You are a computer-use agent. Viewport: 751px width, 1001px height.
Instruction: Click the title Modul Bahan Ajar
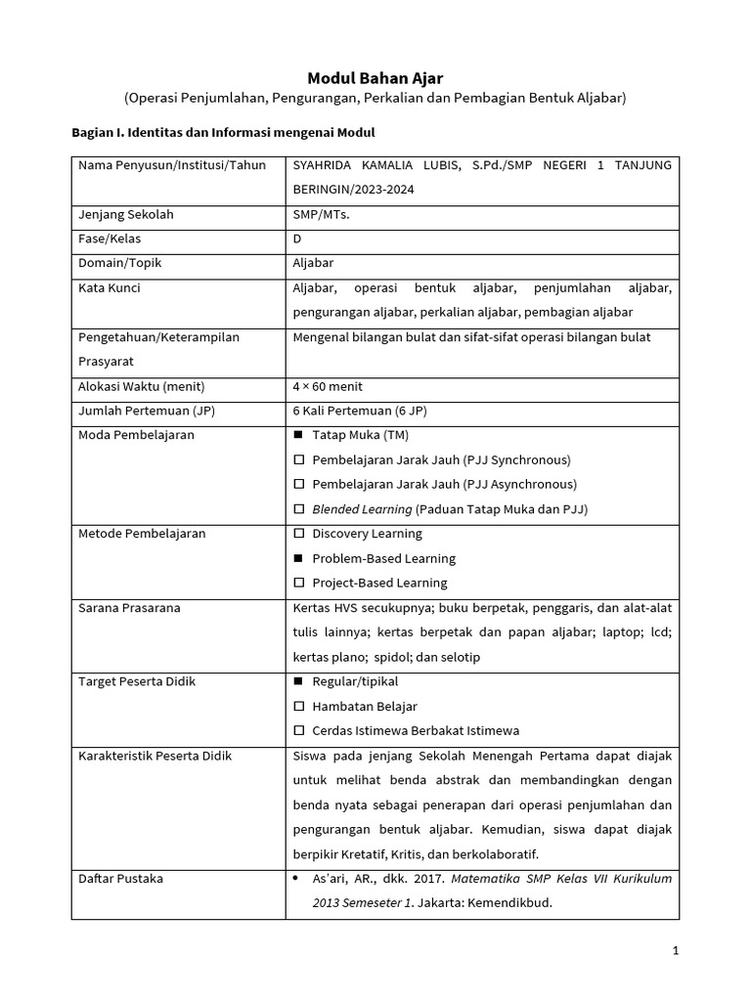(375, 77)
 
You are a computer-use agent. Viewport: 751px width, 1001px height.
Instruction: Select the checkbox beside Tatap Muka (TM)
(299, 435)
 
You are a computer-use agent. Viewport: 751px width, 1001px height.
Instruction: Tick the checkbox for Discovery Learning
(299, 534)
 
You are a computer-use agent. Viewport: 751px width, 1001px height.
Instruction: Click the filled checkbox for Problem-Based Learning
(299, 559)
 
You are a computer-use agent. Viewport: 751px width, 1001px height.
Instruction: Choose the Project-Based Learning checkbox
(299, 584)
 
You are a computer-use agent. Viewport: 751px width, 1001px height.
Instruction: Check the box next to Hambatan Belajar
(299, 707)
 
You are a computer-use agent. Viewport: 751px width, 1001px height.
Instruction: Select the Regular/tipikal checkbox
(299, 681)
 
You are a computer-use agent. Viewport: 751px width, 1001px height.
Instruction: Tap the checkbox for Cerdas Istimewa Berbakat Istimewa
(299, 731)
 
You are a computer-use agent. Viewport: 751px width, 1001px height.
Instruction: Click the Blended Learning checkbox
(299, 509)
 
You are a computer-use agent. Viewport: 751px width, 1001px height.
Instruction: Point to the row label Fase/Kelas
(111, 239)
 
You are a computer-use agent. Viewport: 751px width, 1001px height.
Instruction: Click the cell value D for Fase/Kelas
(297, 239)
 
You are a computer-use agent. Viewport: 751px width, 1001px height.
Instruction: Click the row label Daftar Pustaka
(120, 879)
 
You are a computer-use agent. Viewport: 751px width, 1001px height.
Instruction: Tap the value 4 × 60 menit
(328, 386)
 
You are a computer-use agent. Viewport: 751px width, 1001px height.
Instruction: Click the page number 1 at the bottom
(675, 950)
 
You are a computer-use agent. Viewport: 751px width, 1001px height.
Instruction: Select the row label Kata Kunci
(110, 288)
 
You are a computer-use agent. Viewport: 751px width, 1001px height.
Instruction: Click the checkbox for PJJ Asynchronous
(299, 485)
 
